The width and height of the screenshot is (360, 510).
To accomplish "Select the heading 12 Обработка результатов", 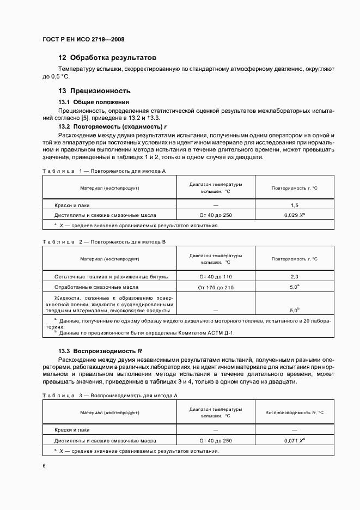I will point(107,57).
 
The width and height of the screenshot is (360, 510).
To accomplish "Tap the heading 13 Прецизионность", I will point(94,91).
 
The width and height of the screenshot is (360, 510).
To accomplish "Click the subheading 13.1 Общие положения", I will point(94,102).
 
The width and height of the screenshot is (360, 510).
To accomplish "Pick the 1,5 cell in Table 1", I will point(295,205).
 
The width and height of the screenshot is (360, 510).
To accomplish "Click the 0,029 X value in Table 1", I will point(295,215).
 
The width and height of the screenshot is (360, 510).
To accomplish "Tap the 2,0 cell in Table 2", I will point(295,277).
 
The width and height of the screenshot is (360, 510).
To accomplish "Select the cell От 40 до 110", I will point(216,277).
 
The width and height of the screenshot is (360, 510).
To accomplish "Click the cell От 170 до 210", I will point(216,287).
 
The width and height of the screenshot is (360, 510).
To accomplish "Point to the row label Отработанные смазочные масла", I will point(96,287).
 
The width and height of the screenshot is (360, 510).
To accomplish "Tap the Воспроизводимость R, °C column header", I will point(295,413).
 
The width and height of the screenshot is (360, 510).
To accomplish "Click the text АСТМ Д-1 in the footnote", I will point(221,332).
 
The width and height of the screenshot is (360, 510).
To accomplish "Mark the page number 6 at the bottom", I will point(44,466).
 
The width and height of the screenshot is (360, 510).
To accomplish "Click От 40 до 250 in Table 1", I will point(216,215).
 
